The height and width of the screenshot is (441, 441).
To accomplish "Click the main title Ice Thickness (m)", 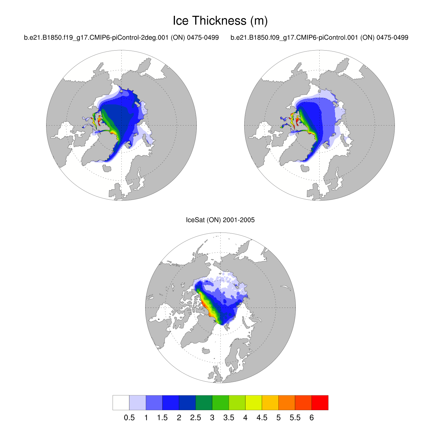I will [x=220, y=21].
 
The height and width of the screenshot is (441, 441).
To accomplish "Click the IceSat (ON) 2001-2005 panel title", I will [x=220, y=220].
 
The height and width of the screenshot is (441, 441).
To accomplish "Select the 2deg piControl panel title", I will [x=121, y=38].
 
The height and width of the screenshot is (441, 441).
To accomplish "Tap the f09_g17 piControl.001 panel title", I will [x=319, y=38].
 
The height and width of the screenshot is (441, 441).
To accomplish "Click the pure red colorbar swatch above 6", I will [x=320, y=402].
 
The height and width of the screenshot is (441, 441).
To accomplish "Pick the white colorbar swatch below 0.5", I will [x=121, y=402].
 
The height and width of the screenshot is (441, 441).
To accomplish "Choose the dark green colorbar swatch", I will [x=204, y=402].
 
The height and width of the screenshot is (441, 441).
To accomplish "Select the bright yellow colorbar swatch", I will [x=253, y=402].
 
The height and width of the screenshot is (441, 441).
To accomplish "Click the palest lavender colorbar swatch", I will [x=138, y=402].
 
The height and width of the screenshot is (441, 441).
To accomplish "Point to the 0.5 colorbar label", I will [x=129, y=418].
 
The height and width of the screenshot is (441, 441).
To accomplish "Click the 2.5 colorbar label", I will [x=196, y=418].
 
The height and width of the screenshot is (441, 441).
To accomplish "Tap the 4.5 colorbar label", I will [x=262, y=418].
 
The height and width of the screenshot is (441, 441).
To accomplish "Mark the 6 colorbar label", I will [x=312, y=418].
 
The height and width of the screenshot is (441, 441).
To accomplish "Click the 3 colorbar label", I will [x=212, y=418].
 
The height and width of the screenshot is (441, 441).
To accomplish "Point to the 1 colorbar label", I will [x=146, y=418].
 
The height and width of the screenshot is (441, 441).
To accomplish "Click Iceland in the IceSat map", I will [x=206, y=351].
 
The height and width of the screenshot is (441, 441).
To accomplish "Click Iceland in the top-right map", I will [x=305, y=168].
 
